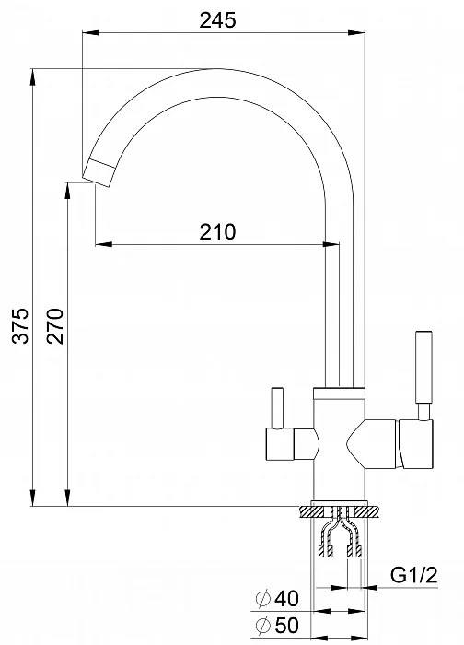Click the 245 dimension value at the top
click(x=218, y=19)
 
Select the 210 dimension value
click(x=218, y=231)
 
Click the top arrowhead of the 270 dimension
click(x=66, y=188)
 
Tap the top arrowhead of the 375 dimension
click(x=32, y=74)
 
